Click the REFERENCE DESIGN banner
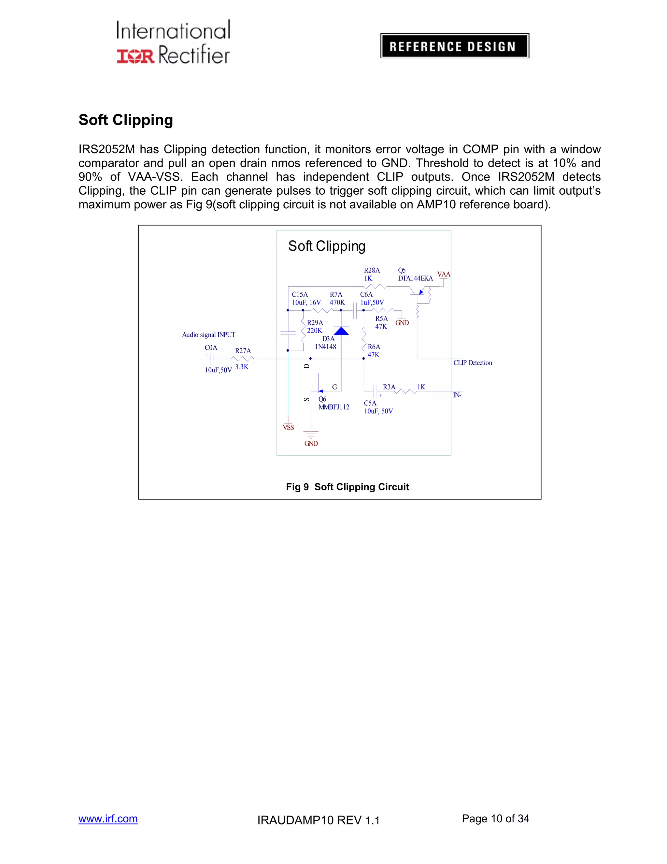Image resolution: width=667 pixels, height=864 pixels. pos(454,46)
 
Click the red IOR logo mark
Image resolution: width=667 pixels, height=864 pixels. pos(135,56)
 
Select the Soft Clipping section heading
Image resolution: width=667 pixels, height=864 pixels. pos(126,120)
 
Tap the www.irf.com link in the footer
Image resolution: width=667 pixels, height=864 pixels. pos(108,818)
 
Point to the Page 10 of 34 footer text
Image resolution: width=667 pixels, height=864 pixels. pos(495,818)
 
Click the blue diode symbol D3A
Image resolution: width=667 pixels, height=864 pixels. pos(341,331)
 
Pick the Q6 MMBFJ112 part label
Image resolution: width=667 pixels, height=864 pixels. pos(333,403)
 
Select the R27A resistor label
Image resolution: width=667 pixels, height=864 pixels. pos(243,351)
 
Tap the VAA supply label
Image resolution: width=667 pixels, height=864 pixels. pos(443,275)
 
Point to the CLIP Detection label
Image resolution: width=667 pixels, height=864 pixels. pos(473,363)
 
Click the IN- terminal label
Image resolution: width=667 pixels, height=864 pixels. pos(457,395)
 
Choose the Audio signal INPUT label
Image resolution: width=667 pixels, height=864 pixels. pos(209,335)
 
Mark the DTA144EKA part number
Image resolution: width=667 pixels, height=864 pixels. pos(415,278)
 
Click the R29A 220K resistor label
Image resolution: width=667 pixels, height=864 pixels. pos(315,327)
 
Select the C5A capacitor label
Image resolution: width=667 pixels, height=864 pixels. pos(370,403)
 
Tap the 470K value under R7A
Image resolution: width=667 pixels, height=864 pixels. pos(337,303)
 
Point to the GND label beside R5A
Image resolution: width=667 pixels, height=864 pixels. pos(402,323)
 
